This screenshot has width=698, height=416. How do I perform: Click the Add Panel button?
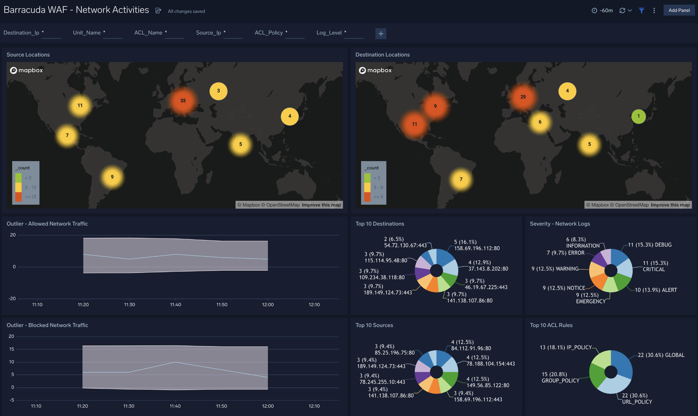679,10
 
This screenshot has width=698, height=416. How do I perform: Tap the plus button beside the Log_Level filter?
381,34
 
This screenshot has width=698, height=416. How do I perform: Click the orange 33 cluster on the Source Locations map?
183,101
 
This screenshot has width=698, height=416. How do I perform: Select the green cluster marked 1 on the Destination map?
638,116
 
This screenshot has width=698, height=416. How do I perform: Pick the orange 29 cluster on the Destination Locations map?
523,97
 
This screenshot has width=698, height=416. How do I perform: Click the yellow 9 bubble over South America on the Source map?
112,177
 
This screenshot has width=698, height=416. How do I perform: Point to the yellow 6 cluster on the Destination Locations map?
540,122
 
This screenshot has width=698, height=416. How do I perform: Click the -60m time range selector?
602,11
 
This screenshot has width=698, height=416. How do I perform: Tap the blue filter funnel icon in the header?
641,11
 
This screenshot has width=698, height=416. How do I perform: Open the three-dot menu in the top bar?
654,11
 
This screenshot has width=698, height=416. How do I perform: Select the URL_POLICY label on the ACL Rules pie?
637,402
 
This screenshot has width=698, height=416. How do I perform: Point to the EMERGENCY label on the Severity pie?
590,301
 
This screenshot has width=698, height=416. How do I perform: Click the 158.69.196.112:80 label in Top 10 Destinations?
477,248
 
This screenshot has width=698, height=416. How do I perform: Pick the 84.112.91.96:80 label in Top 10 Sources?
471,348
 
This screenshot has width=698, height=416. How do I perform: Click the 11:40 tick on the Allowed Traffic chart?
175,305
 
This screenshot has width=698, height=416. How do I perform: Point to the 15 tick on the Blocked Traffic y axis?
11,349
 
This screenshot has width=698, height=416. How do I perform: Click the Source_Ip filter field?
233,33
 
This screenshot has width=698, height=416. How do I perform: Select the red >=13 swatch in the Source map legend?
18,197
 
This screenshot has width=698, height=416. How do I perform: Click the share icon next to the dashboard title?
158,11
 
